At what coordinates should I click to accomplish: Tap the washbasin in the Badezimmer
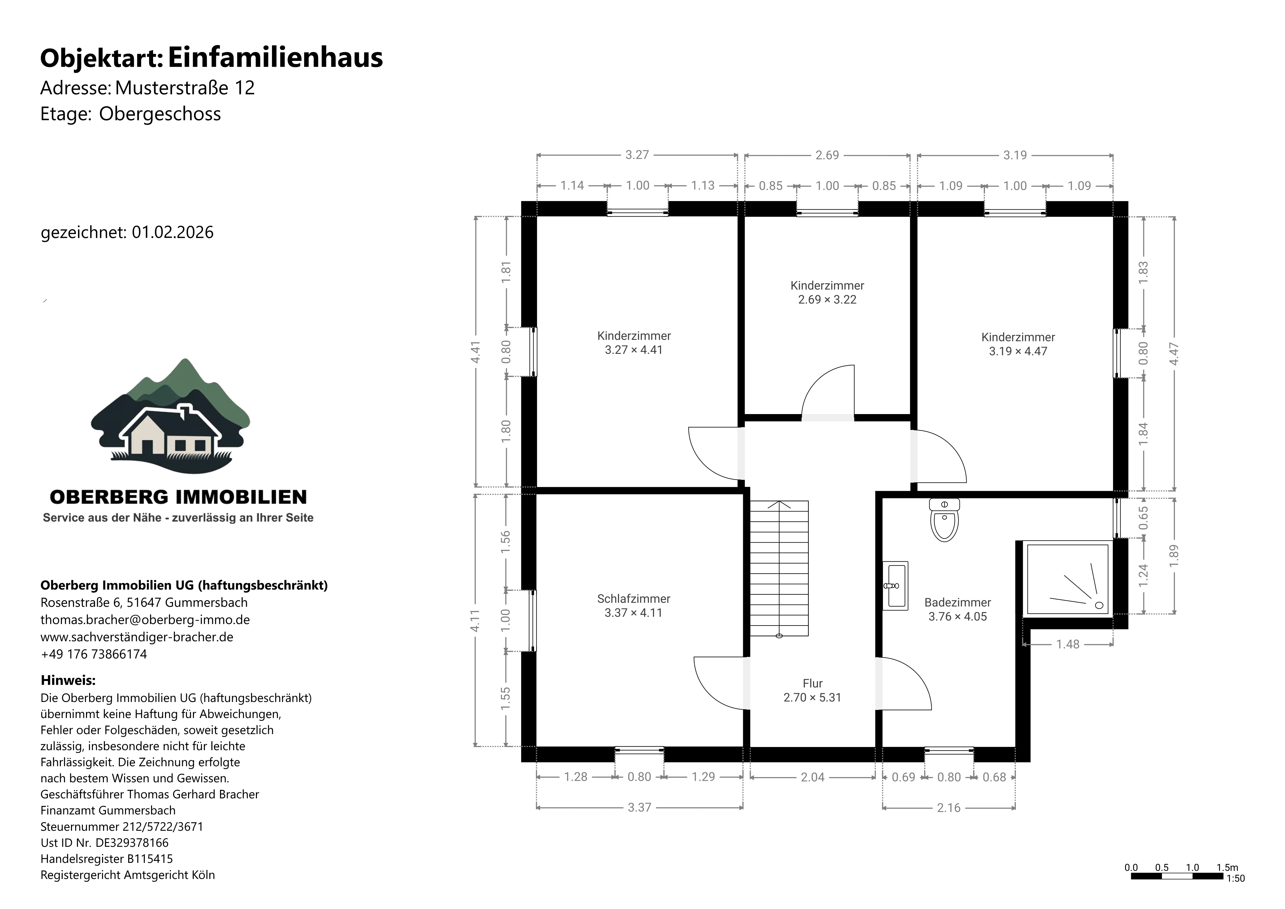click(895, 585)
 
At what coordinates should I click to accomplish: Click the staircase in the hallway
click(779, 568)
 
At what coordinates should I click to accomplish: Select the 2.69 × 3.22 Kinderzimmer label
click(827, 292)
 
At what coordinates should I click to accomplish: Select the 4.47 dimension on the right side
click(1174, 354)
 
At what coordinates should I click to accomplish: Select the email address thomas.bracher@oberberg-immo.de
click(145, 620)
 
